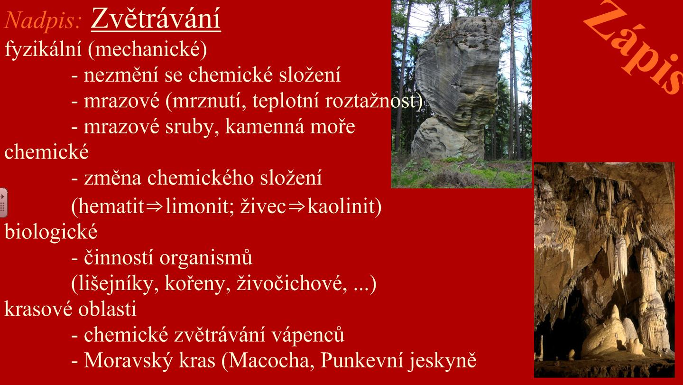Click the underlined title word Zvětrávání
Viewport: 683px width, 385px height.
point(156,19)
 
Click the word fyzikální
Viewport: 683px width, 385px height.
point(43,49)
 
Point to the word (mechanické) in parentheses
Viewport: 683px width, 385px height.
point(147,49)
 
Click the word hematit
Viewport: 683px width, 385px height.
point(108,206)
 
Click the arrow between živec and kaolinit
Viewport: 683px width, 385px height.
point(296,207)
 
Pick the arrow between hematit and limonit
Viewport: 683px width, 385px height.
point(155,207)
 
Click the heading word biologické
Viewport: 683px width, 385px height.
point(51,232)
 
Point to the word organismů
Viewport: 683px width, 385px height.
point(206,258)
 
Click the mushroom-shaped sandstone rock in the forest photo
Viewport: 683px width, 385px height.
point(457,88)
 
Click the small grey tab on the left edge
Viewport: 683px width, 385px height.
point(3,203)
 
